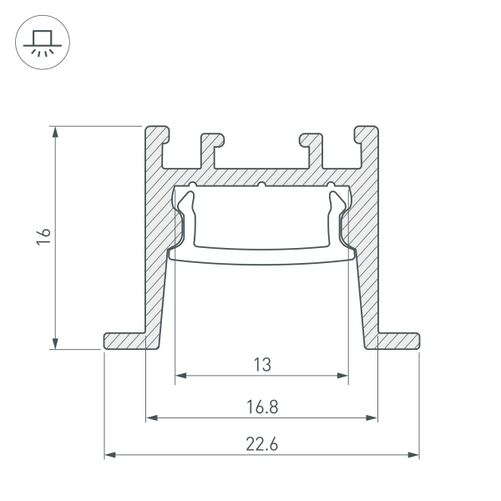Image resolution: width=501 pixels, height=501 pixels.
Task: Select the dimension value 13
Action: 261,364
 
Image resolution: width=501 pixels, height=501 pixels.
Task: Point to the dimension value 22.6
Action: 261,445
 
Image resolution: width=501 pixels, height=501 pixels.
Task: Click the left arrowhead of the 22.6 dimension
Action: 109,455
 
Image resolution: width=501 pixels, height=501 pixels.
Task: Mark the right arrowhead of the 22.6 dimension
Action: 414,455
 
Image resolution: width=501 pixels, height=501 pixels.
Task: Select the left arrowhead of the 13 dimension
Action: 180,376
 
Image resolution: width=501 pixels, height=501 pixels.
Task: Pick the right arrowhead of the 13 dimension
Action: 343,376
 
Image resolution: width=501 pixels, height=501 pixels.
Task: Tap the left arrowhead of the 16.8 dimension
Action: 151,417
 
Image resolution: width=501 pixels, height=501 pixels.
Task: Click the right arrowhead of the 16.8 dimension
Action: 372,417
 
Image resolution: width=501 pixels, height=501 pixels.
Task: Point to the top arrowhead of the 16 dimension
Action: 55,132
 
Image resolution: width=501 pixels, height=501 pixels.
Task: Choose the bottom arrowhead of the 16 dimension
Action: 55,343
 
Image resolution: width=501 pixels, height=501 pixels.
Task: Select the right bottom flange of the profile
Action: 396,341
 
